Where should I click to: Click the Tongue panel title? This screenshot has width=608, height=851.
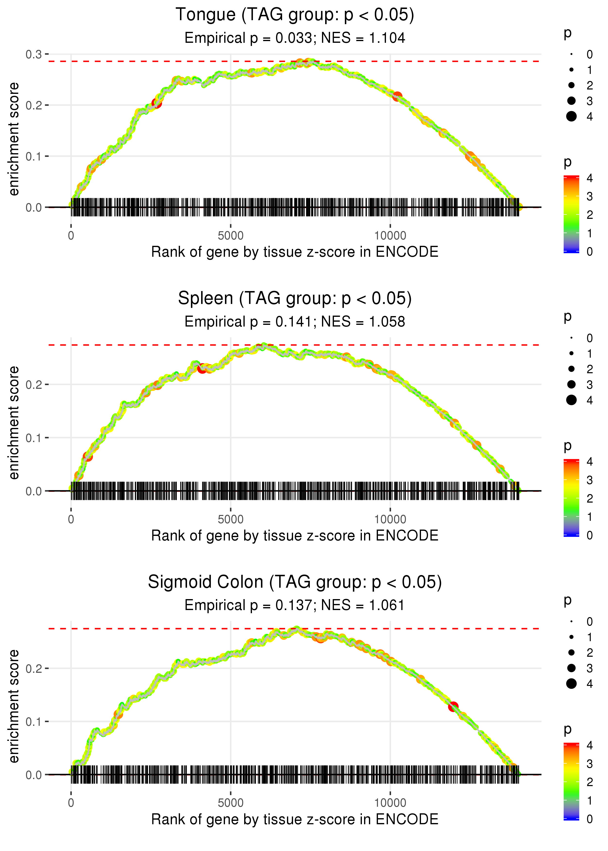(295, 15)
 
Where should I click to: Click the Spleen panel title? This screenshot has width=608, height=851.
(295, 299)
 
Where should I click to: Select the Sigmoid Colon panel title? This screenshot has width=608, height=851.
(295, 582)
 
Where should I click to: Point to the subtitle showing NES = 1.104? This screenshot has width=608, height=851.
(295, 38)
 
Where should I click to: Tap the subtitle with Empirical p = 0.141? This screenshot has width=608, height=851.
(295, 322)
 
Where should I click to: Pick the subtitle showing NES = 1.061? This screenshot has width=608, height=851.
(295, 605)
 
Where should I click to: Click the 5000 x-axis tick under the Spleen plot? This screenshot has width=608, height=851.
(230, 519)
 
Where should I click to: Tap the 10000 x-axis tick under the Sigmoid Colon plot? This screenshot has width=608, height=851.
(390, 803)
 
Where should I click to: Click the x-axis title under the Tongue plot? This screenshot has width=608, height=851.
(295, 252)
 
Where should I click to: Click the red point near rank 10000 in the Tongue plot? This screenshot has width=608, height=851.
(397, 97)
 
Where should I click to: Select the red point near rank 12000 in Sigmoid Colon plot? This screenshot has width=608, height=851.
(453, 707)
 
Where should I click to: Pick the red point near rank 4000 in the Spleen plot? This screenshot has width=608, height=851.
(202, 369)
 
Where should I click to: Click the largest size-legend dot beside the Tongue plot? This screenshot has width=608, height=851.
(571, 116)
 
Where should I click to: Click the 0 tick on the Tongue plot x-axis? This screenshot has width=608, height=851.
(71, 236)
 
